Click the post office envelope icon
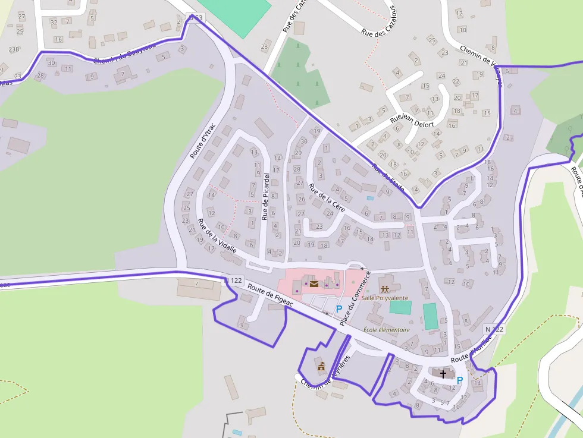pos(314,284)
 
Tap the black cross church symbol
pos(443,373)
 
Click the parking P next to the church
pos(459,380)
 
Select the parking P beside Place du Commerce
pos(339,308)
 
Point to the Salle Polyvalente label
pos(385,297)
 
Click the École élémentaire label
pos(387,329)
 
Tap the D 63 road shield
pos(195,18)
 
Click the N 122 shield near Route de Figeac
pos(235,280)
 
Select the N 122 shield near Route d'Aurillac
pos(494,329)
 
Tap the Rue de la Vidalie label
pos(217,237)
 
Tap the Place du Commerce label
pos(355,299)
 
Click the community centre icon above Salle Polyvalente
pos(384,288)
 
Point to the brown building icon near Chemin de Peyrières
pos(321,367)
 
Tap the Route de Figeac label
pos(271,296)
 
